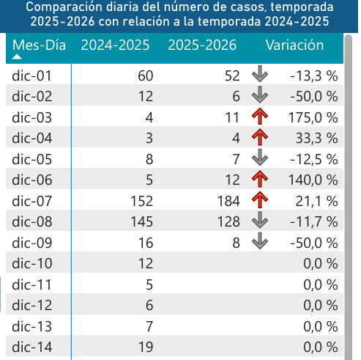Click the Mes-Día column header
click(x=40, y=45)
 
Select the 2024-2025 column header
click(x=115, y=45)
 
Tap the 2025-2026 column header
click(x=202, y=45)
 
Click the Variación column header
click(x=294, y=45)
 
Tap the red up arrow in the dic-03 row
click(x=259, y=116)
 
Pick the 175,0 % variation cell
click(x=313, y=117)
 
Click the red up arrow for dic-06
click(x=259, y=179)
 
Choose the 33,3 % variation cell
click(x=316, y=138)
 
